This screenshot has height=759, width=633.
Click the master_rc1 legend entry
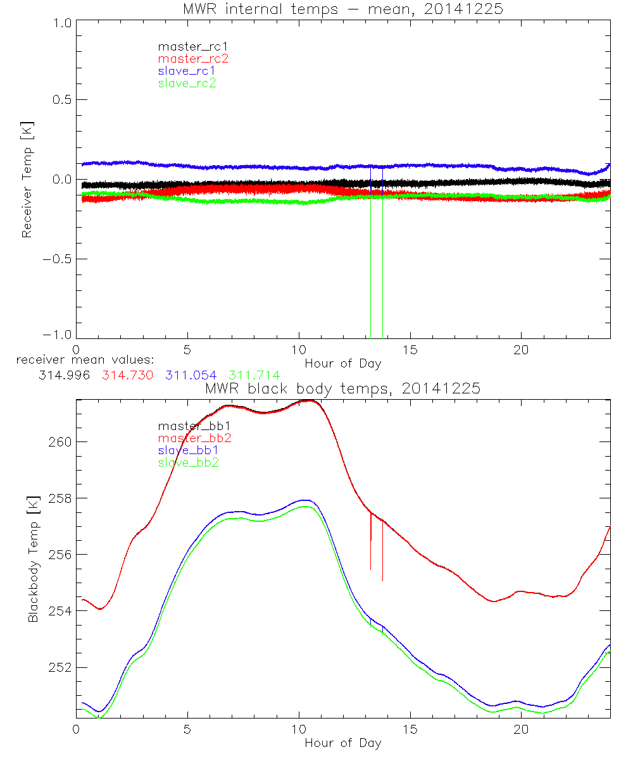(187, 46)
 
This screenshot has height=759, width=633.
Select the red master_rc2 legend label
(192, 58)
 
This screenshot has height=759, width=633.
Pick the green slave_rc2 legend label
(187, 83)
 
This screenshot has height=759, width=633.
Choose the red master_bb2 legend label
(194, 438)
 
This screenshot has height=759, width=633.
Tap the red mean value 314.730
(127, 375)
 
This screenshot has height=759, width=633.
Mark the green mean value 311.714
(254, 375)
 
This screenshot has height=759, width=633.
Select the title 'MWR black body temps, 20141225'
(342, 388)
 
